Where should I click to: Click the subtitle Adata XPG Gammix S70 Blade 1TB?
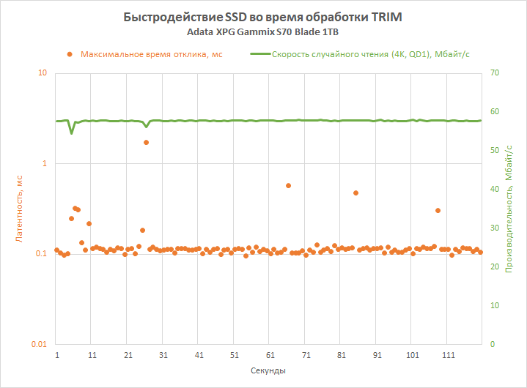pyautogui.click(x=263, y=33)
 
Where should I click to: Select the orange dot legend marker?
pyautogui.click(x=70, y=54)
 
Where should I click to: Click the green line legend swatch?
pyautogui.click(x=259, y=54)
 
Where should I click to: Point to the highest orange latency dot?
pyautogui.click(x=146, y=142)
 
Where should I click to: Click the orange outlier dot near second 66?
pyautogui.click(x=288, y=186)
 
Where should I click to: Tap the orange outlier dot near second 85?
pyautogui.click(x=355, y=193)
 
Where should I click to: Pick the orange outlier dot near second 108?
pyautogui.click(x=438, y=210)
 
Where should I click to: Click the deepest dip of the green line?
pyautogui.click(x=71, y=133)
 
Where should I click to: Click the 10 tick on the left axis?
pyautogui.click(x=43, y=73)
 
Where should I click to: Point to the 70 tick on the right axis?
pyautogui.click(x=495, y=73)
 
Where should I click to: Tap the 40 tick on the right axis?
pyautogui.click(x=495, y=189)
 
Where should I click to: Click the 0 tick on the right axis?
pyautogui.click(x=493, y=344)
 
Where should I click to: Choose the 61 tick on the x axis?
pyautogui.click(x=270, y=354)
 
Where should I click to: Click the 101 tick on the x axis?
pyautogui.click(x=413, y=354)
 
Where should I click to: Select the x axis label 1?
pyautogui.click(x=57, y=354)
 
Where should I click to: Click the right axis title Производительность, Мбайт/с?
pyautogui.click(x=509, y=209)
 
